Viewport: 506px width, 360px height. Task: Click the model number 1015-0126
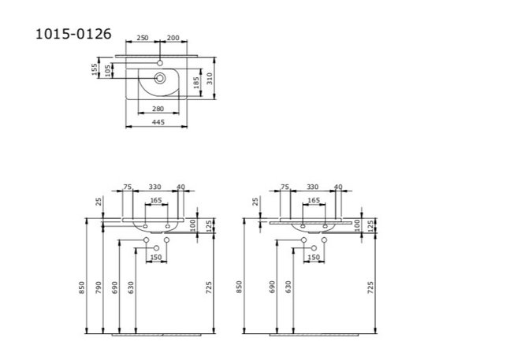pyautogui.click(x=73, y=34)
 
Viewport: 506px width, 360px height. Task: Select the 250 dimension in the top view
pyautogui.click(x=142, y=38)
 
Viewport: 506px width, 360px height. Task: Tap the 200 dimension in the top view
pyautogui.click(x=173, y=38)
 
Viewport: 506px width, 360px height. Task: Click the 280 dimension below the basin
pyautogui.click(x=158, y=108)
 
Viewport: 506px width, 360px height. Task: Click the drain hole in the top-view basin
pyautogui.click(x=160, y=77)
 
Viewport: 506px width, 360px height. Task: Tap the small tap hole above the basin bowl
pyautogui.click(x=160, y=61)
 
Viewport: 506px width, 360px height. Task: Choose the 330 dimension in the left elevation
pyautogui.click(x=155, y=187)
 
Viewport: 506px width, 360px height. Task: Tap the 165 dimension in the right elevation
pyautogui.click(x=314, y=201)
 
